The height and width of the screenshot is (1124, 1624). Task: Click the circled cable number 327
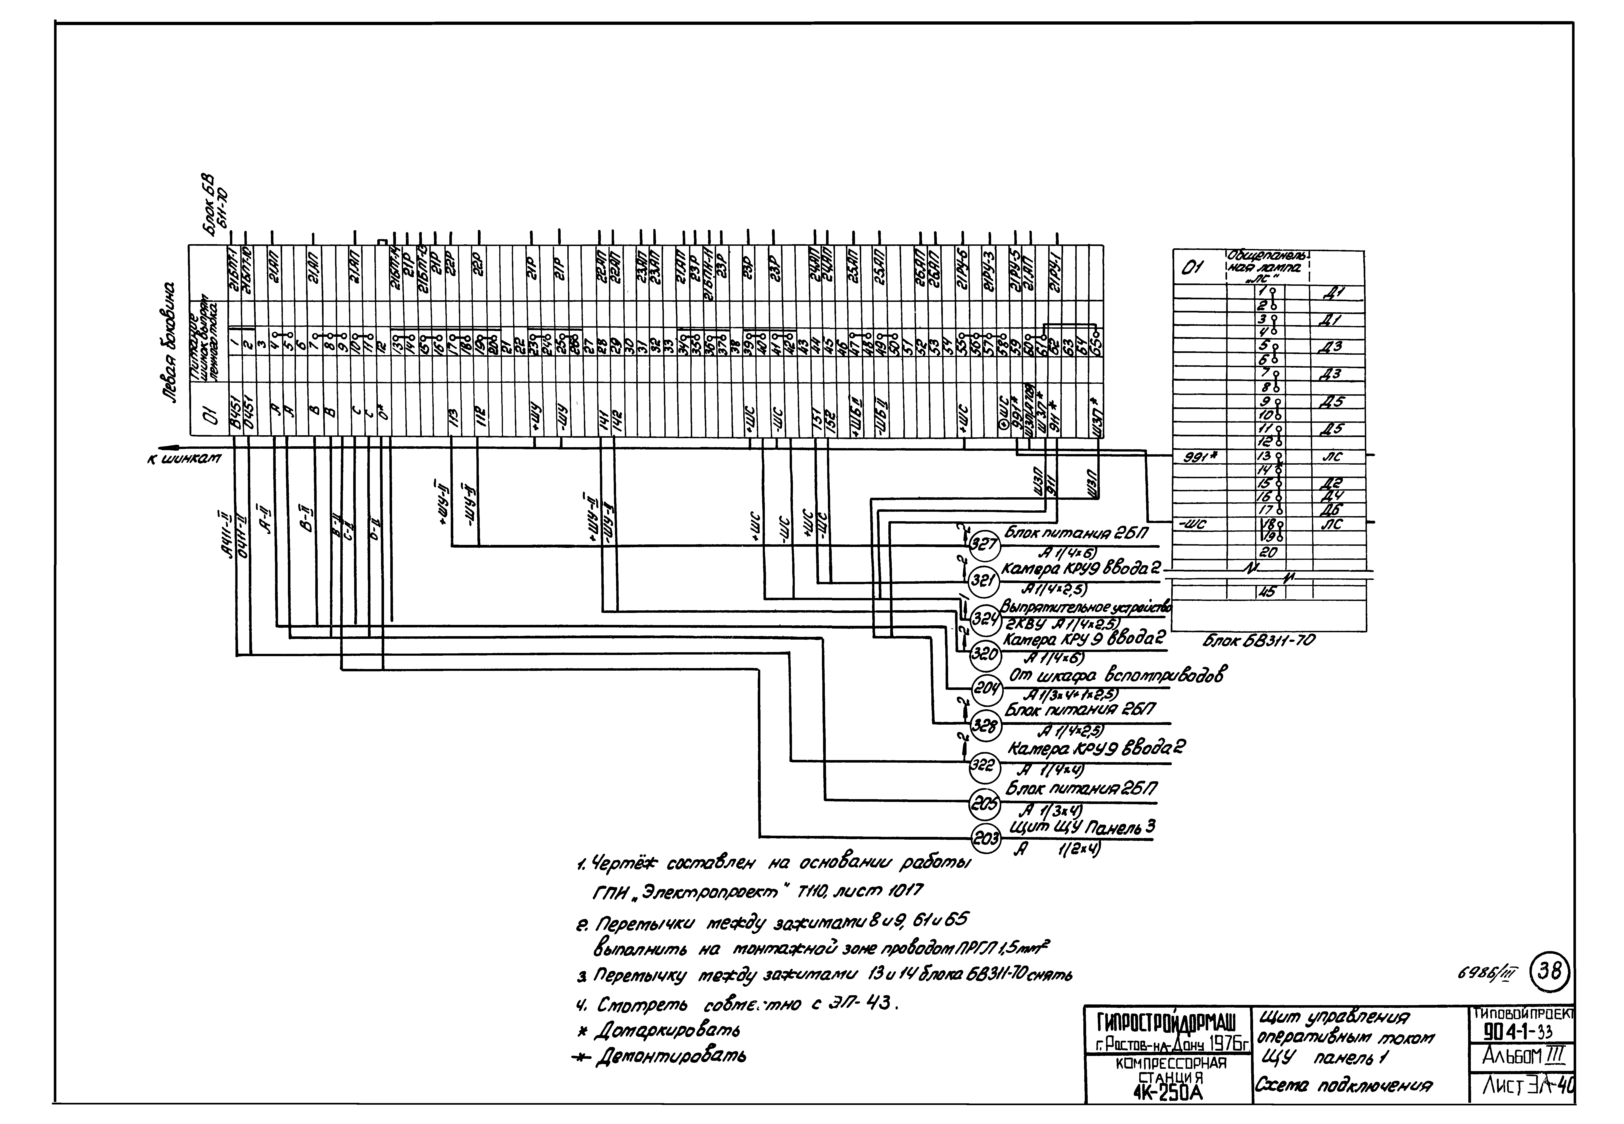point(984,544)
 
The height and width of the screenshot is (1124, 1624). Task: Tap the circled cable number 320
point(984,654)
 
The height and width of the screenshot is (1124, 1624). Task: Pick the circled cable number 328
point(984,724)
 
